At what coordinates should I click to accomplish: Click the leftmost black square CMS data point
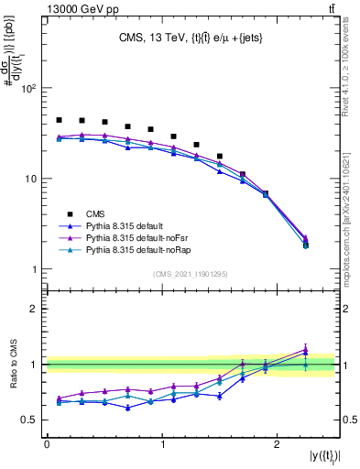click(x=59, y=120)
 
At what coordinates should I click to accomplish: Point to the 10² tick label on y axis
click(x=31, y=90)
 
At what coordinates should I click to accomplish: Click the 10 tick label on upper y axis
click(x=33, y=180)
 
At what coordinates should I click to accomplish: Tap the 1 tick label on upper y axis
click(x=37, y=269)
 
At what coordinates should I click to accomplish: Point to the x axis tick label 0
click(x=47, y=443)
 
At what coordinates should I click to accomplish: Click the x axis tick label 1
click(x=162, y=443)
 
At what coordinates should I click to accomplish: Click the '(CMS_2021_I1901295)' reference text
click(x=191, y=274)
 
